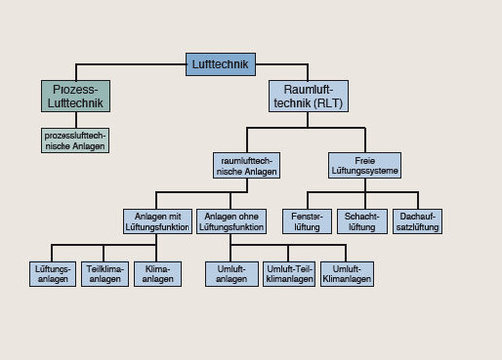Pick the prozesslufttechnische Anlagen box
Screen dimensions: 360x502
pos(74,140)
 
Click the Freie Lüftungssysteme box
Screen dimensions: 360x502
pos(364,165)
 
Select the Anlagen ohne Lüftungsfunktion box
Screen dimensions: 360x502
pos(232,220)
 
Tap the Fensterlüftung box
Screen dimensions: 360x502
pos(307,220)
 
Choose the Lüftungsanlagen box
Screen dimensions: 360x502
pos(54,273)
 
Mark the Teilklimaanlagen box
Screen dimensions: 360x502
pos(106,273)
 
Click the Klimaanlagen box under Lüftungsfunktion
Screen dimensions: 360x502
pos(158,273)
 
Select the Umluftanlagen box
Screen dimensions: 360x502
pos(232,273)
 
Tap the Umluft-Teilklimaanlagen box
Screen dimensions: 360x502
pos(291,273)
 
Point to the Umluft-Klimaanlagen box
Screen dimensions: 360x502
pos(348,273)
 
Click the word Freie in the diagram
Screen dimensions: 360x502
pos(364,159)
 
